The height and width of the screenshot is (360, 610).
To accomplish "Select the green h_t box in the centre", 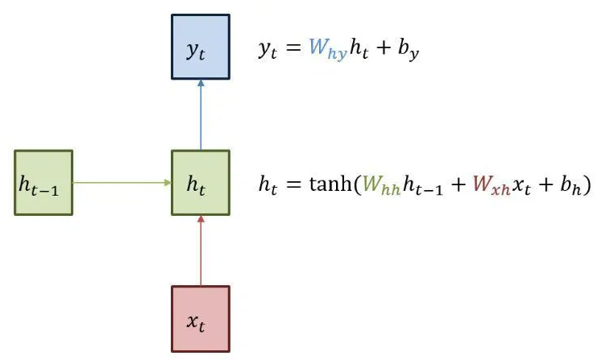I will pos(201,183).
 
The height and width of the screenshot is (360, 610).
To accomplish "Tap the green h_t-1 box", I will pos(44,183).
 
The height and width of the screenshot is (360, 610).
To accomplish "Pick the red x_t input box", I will pos(201,318).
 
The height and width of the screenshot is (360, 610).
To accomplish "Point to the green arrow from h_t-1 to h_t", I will pos(122,183).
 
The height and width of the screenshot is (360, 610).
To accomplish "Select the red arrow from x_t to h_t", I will pos(201,250).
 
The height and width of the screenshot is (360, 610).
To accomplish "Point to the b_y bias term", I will pos(409,51).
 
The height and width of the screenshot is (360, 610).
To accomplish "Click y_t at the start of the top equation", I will pos(268,51).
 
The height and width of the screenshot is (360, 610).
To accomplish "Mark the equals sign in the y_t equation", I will pos(293,50).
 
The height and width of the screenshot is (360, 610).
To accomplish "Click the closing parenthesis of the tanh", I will pos(589,184).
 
